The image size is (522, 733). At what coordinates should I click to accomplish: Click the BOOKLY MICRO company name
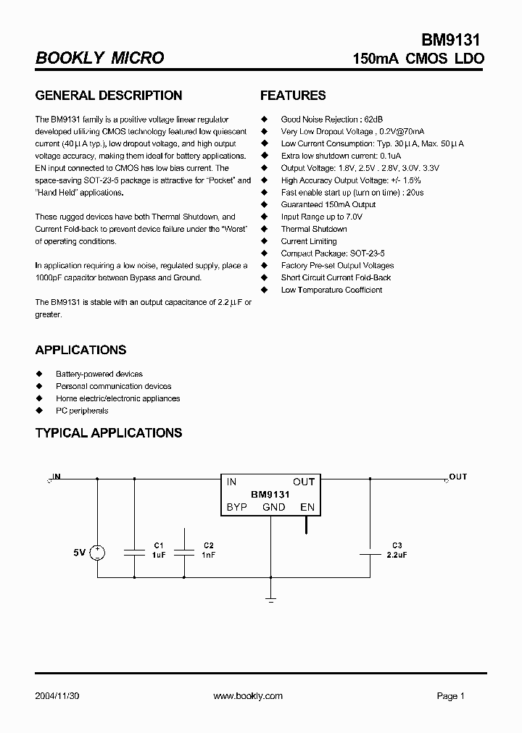click(99, 58)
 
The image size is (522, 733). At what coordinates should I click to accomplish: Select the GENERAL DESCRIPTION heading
click(109, 96)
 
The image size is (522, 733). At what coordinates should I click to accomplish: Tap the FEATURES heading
click(293, 96)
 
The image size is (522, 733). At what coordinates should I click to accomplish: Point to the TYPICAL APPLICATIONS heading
click(109, 433)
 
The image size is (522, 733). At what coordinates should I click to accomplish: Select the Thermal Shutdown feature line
click(314, 229)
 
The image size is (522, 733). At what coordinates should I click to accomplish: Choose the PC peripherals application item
click(82, 411)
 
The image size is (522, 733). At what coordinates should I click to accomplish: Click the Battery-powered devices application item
click(99, 374)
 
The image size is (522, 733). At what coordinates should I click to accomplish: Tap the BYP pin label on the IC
click(237, 507)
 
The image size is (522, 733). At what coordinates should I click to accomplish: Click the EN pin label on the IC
click(307, 507)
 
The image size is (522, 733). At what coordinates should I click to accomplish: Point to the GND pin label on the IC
click(273, 507)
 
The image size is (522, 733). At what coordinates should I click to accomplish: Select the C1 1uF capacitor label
click(159, 550)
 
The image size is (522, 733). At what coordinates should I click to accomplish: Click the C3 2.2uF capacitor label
click(397, 550)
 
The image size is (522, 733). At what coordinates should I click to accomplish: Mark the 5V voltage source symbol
click(98, 553)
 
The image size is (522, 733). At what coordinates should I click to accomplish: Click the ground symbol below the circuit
click(271, 598)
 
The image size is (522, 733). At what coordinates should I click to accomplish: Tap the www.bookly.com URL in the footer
click(248, 696)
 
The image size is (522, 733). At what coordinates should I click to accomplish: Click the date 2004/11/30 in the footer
click(58, 696)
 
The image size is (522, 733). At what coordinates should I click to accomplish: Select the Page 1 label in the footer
click(450, 696)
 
